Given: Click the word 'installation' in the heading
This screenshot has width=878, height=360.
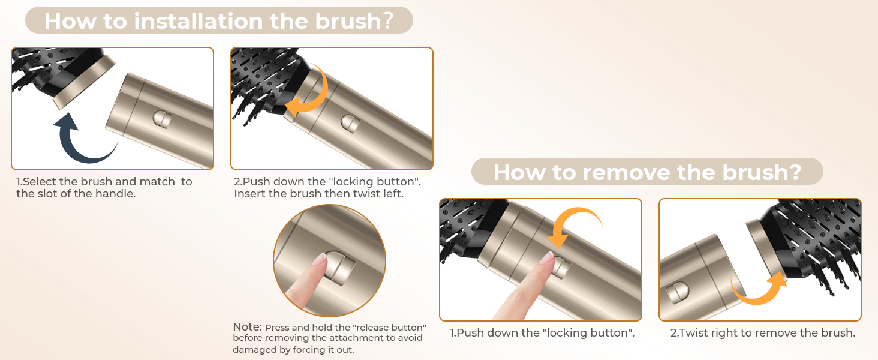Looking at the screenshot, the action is click(199, 21).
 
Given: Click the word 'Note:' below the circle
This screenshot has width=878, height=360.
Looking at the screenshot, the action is click(247, 326).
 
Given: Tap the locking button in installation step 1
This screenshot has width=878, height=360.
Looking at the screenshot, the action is click(162, 119).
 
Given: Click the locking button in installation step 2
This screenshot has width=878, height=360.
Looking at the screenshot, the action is click(350, 124).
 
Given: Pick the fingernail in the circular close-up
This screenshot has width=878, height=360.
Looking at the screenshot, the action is click(321, 259).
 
